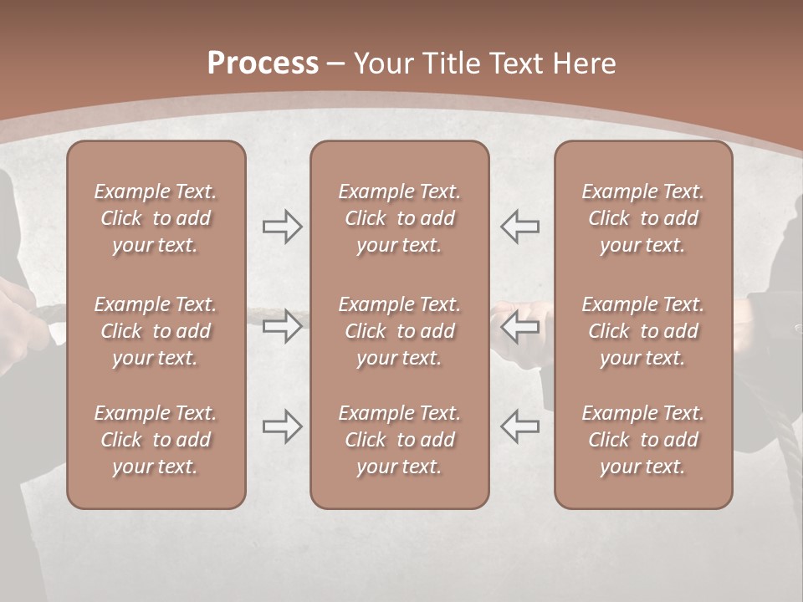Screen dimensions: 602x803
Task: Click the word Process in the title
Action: [x=263, y=64]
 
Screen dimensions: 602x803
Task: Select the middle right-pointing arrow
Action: [x=283, y=326]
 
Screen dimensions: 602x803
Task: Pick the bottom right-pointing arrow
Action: [x=283, y=426]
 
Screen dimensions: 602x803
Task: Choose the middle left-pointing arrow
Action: [x=519, y=326]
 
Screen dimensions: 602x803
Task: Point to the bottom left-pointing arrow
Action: [x=519, y=426]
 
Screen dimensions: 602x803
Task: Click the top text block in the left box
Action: [x=156, y=218]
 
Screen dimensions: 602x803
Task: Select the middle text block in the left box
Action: [x=156, y=331]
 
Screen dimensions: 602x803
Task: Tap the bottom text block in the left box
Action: [x=156, y=440]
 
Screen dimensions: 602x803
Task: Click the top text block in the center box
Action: [x=399, y=218]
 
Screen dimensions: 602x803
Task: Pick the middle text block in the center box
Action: [x=399, y=331]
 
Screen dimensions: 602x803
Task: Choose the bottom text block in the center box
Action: [x=399, y=440]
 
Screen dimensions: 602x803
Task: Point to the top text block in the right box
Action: [x=642, y=218]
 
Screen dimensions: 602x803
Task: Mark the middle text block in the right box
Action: [x=642, y=331]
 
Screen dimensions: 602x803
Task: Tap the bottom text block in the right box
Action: [x=642, y=440]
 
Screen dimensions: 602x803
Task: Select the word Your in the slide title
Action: [x=383, y=64]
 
